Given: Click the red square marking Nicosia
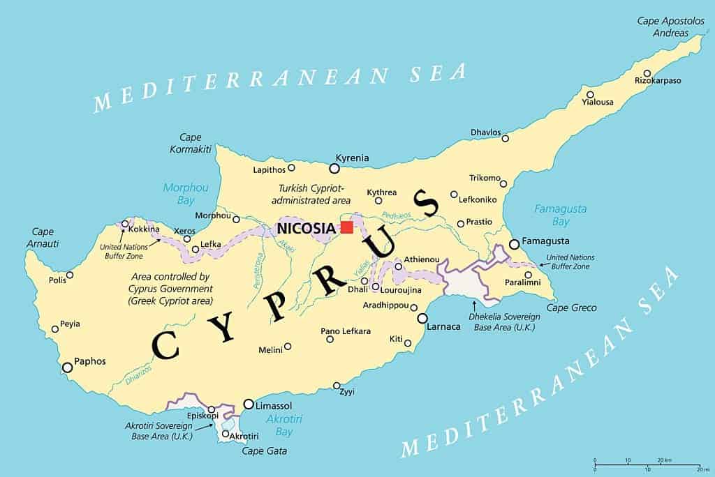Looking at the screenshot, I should click(x=346, y=227).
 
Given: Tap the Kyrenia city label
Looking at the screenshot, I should click(x=352, y=158).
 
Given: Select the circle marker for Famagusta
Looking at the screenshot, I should click(x=515, y=244).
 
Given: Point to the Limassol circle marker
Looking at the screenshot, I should click(x=249, y=404).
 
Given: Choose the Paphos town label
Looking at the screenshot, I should click(x=90, y=361).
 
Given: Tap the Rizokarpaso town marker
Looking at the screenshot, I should click(x=647, y=73).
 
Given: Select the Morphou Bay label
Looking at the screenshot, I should click(x=181, y=194).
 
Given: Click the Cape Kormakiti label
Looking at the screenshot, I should click(x=186, y=143).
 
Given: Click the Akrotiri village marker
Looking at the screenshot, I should click(x=225, y=434).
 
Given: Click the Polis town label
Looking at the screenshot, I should click(x=57, y=280).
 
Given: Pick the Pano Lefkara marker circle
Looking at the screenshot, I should click(x=330, y=340).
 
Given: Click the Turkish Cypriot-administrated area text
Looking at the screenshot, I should click(x=311, y=194).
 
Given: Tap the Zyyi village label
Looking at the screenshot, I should click(x=347, y=392).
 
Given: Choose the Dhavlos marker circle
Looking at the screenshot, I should click(x=506, y=138).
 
